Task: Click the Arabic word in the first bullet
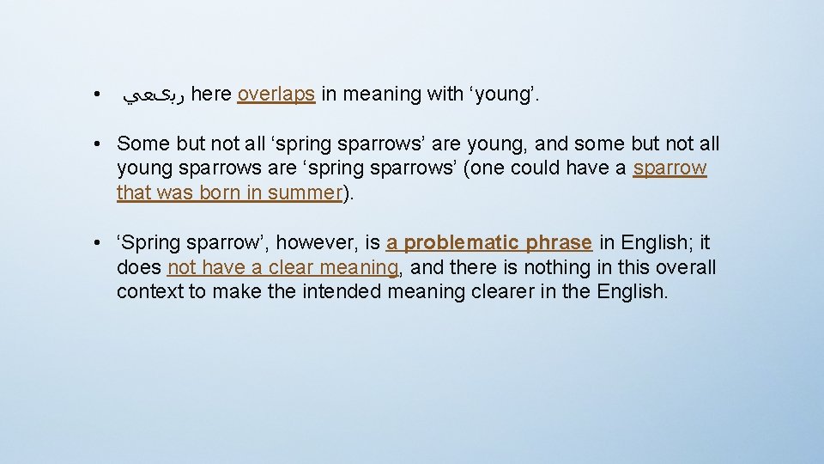coord(154,95)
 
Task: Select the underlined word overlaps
coord(276,95)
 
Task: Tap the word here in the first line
coord(211,95)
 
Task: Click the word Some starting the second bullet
coord(142,143)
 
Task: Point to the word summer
coord(305,192)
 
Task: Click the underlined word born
coord(221,192)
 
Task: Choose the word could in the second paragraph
coord(537,168)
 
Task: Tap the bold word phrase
coord(563,243)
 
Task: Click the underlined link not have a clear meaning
coord(283,267)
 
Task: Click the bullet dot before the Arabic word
coord(100,95)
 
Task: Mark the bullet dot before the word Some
coord(100,143)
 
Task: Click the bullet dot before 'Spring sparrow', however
coord(100,243)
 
